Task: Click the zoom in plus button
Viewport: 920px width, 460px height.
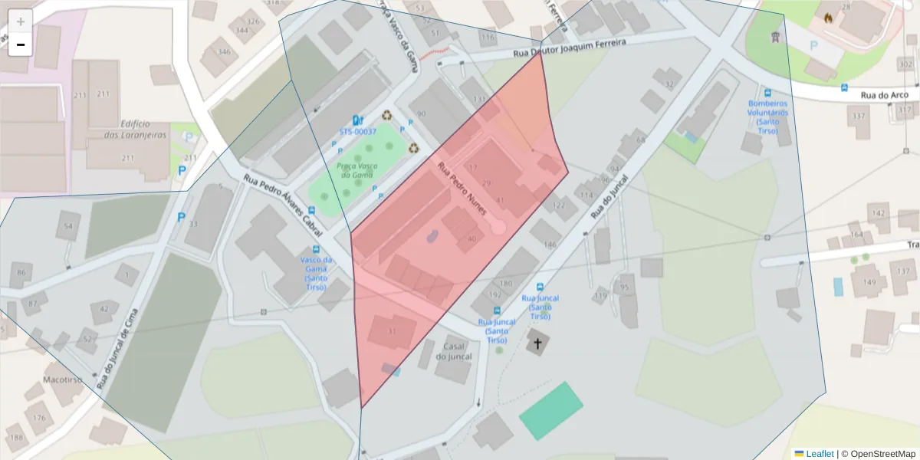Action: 21,21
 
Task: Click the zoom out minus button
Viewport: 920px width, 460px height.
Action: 21,44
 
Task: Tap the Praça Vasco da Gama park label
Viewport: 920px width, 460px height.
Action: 356,170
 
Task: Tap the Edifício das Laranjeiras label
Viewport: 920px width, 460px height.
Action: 136,129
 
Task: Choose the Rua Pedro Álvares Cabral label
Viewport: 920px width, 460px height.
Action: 281,199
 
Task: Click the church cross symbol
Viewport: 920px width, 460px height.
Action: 537,343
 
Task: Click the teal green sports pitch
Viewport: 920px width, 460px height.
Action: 550,411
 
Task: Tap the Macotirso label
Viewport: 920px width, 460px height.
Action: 63,379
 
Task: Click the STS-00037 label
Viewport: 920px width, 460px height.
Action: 358,132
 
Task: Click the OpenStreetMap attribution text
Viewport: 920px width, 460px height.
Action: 878,454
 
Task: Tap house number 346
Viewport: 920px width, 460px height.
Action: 224,52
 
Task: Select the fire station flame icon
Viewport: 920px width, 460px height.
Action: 828,18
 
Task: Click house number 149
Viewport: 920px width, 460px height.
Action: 869,282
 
